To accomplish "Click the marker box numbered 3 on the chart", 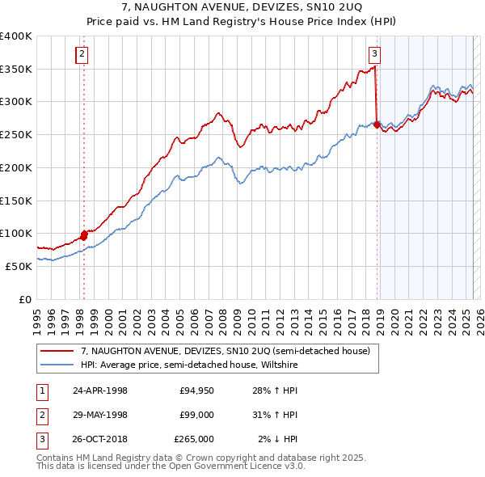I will (x=375, y=54).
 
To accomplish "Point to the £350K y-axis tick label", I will (x=16, y=69).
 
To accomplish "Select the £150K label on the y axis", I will (x=16, y=200).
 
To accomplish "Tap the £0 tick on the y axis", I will (x=25, y=298).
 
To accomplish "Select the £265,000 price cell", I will (x=194, y=439).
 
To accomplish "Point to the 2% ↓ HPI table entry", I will (x=277, y=439).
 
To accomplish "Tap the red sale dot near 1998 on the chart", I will (x=83, y=236).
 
